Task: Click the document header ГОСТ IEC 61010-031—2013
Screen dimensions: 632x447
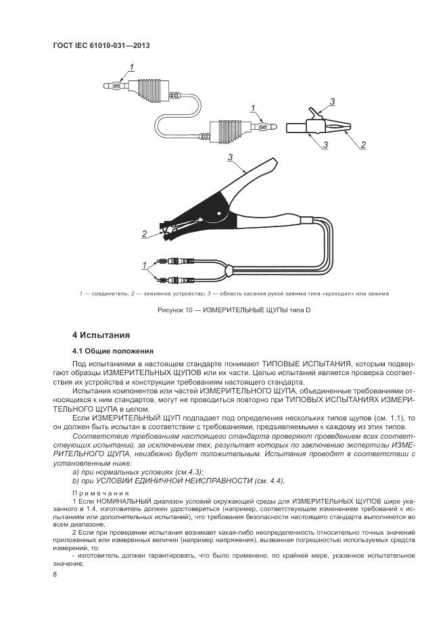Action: pos(101,45)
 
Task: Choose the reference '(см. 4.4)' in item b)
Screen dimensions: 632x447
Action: pos(268,480)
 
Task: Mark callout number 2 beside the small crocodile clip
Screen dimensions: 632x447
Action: pos(363,145)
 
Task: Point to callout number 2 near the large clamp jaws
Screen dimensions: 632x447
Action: pos(144,234)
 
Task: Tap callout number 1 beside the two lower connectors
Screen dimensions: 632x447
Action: pos(144,264)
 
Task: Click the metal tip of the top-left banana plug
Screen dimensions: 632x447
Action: pos(106,86)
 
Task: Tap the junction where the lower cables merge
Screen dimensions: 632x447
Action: pos(230,270)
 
